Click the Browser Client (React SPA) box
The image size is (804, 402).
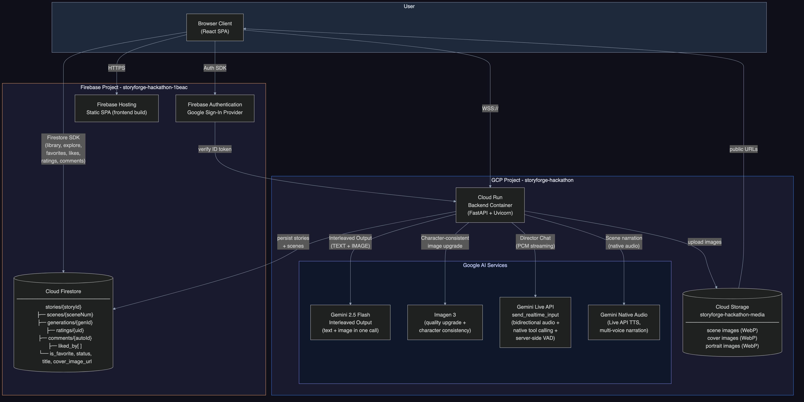point(215,28)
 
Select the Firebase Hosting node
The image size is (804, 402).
point(116,108)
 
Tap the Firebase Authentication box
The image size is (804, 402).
point(215,108)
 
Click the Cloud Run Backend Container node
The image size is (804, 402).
point(490,205)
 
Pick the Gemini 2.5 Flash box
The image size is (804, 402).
point(350,322)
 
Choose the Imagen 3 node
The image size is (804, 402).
point(445,322)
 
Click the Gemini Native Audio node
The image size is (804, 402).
point(624,322)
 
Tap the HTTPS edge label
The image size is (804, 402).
point(116,68)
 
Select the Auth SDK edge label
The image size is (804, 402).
point(215,68)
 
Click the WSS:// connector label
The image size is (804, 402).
point(490,109)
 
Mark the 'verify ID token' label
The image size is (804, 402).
point(215,149)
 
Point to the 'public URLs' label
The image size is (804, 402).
point(743,149)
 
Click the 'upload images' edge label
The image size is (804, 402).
point(704,242)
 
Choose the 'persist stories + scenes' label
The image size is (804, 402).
point(293,242)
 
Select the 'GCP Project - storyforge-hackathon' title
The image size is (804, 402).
point(532,180)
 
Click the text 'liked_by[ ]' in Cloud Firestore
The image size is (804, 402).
point(70,346)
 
